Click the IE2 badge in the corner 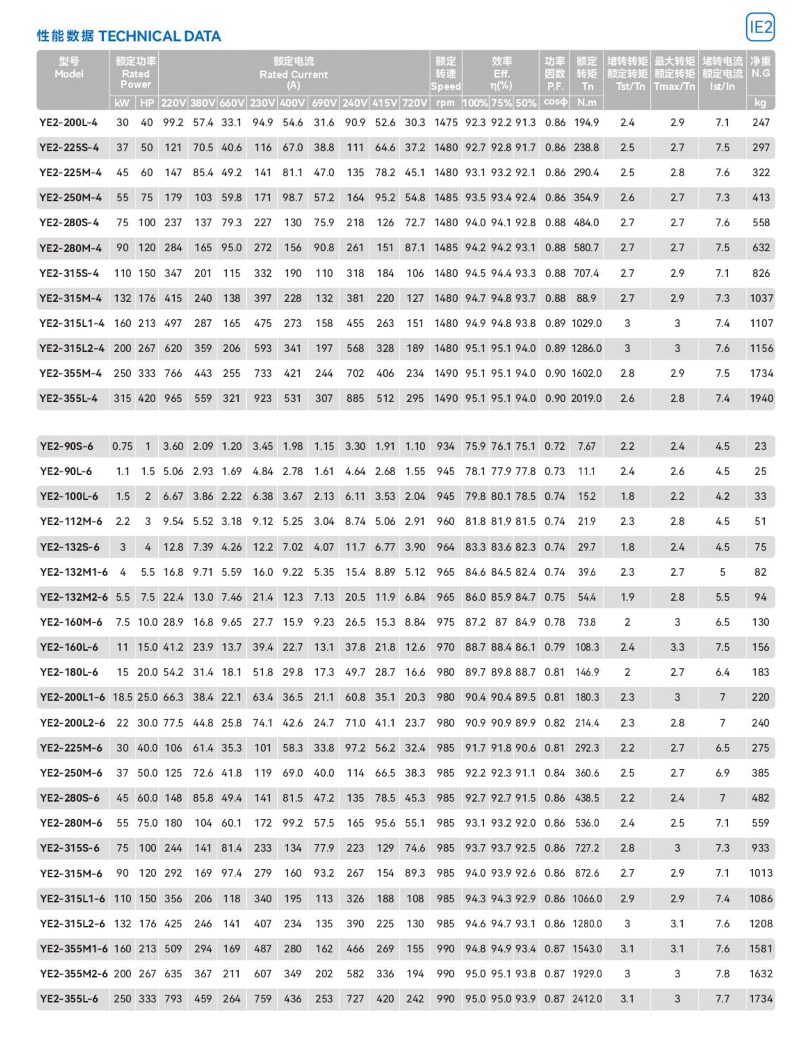coord(760,27)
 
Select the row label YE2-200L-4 coord(69,122)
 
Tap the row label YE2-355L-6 coord(69,999)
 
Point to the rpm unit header coord(446,102)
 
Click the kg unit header coord(760,102)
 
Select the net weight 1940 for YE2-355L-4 coord(761,398)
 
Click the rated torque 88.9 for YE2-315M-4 coord(586,298)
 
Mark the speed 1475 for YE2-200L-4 coord(446,122)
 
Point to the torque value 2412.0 coord(587,999)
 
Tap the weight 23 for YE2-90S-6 coord(760,446)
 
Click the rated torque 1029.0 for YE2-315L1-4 coord(586,323)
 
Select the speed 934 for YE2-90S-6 coord(446,446)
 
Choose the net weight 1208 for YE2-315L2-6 coord(761,924)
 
